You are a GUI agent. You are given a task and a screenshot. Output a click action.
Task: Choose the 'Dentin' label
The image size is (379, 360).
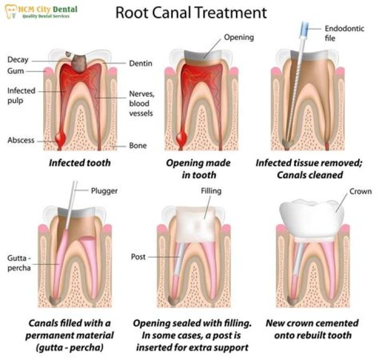point(141,64)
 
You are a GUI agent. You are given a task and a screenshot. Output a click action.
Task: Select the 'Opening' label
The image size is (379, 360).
point(238,37)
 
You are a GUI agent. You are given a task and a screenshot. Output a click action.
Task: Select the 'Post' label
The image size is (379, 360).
point(138,257)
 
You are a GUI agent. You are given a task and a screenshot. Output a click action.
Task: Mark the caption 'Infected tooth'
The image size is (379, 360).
point(80,163)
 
